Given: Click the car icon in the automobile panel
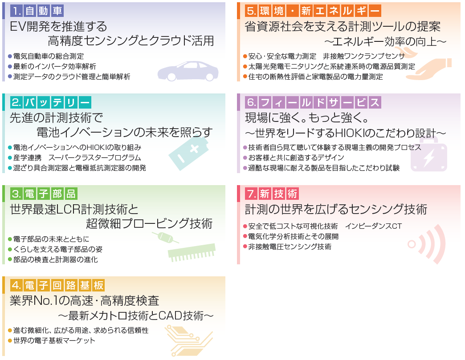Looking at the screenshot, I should [188, 70].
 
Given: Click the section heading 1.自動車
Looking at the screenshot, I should [37, 11].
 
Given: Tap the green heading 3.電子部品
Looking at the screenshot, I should [44, 194].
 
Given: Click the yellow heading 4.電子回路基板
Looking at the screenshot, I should [57, 285].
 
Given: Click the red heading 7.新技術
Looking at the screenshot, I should [272, 194].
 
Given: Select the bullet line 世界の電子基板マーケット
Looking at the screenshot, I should [54, 340].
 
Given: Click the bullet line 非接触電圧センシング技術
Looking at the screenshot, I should [290, 247].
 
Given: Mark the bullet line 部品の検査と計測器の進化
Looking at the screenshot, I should [56, 259].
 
